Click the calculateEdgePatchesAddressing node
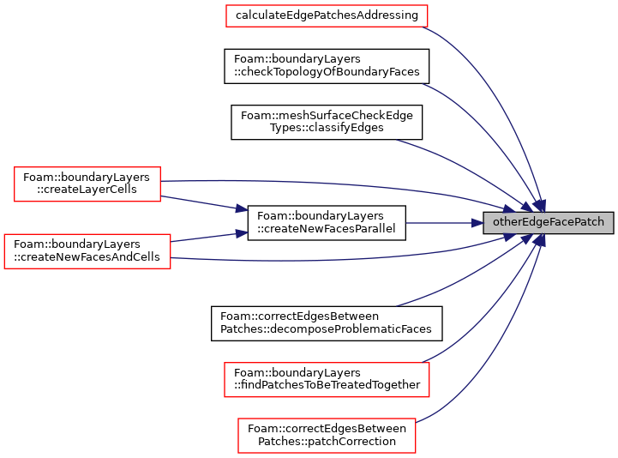click(x=327, y=15)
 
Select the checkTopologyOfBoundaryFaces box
click(x=327, y=66)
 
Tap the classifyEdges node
click(x=327, y=122)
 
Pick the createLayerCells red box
click(x=87, y=184)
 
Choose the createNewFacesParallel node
click(x=327, y=223)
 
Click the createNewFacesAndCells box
click(x=87, y=251)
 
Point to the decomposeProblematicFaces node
click(x=327, y=323)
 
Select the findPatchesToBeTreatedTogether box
click(x=327, y=379)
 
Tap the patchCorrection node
click(x=327, y=436)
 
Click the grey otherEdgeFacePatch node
click(x=549, y=223)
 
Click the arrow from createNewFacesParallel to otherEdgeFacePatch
click(x=444, y=223)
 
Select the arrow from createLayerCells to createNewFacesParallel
click(x=204, y=203)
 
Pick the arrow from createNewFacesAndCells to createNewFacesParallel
click(x=209, y=237)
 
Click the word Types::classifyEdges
click(x=327, y=128)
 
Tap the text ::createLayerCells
click(x=87, y=190)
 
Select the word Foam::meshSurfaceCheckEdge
click(x=327, y=115)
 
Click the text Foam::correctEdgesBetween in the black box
click(x=299, y=316)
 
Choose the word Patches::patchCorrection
click(x=327, y=442)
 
